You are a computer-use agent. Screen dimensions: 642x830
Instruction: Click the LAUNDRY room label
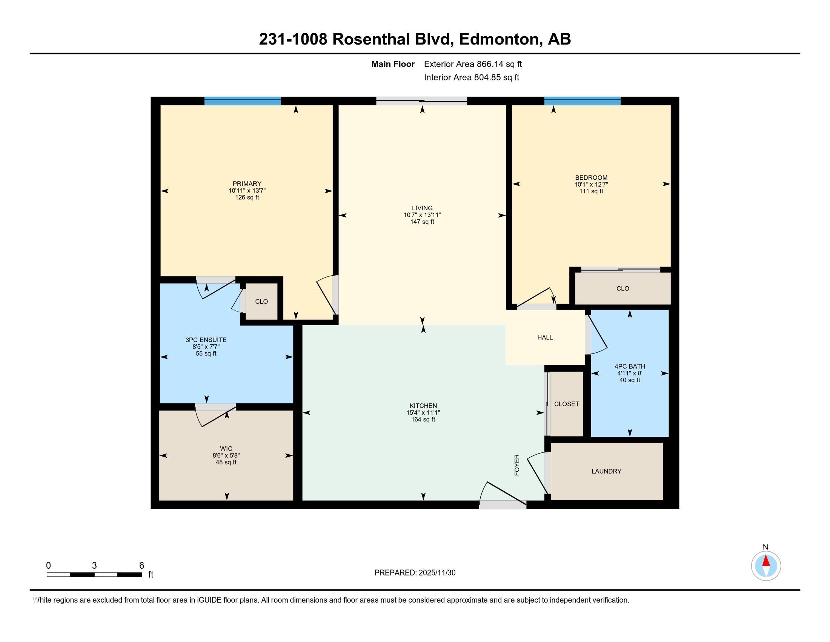[x=606, y=471]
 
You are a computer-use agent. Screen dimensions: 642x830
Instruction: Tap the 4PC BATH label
[x=630, y=366]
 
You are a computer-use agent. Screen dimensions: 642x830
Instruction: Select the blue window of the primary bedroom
[x=243, y=101]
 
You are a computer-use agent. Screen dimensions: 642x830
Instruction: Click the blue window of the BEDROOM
[x=582, y=101]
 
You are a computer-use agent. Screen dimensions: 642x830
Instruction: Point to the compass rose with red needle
[x=766, y=566]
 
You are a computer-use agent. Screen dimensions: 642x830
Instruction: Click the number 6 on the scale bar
[x=141, y=566]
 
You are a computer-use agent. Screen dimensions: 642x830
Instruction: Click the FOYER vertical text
[x=517, y=465]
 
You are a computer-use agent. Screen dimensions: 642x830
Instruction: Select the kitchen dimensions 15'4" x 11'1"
[x=423, y=412]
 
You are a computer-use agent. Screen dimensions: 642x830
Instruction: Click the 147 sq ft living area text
[x=422, y=222]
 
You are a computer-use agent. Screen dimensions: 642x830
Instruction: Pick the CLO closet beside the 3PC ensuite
[x=261, y=302]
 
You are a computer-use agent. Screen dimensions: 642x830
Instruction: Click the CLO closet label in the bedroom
[x=622, y=288]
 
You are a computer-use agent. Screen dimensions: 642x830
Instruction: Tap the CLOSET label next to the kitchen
[x=566, y=404]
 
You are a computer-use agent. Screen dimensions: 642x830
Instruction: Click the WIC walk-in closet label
[x=226, y=448]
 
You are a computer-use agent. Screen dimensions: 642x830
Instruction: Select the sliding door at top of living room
[x=421, y=101]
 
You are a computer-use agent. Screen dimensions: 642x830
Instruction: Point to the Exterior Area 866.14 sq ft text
[x=473, y=64]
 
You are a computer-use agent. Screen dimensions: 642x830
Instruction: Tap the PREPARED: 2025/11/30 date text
[x=415, y=573]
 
